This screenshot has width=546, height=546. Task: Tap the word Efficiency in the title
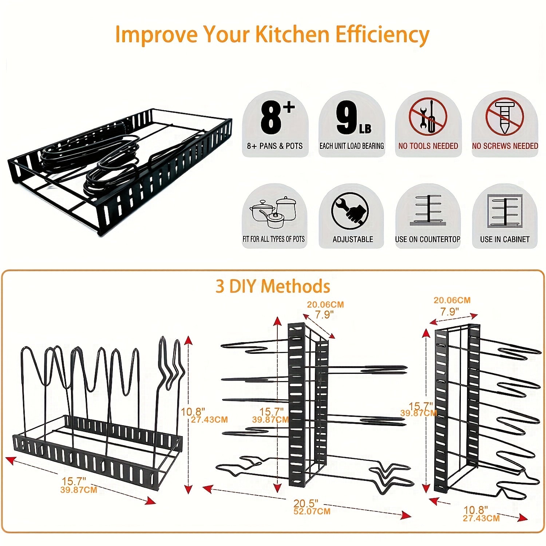point(382,35)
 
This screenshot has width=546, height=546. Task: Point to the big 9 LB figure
point(352,118)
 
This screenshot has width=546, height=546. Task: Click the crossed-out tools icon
point(428,117)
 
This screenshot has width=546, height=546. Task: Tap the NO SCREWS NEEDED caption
point(505,146)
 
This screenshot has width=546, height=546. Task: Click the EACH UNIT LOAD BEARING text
point(352,146)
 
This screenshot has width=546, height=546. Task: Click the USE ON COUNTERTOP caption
point(428,239)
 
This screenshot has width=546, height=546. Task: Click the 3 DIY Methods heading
point(273,286)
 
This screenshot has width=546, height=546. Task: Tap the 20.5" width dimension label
point(306,503)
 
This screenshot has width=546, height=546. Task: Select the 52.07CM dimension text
point(312,511)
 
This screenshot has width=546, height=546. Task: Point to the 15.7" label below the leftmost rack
point(74,482)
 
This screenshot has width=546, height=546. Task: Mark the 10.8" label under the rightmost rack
point(476,510)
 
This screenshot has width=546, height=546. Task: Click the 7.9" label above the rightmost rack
point(450,312)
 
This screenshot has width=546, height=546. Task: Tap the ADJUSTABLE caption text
point(352,239)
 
